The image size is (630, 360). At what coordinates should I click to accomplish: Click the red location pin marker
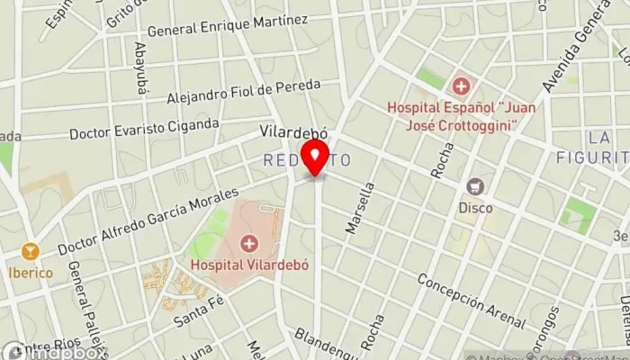click(x=316, y=159)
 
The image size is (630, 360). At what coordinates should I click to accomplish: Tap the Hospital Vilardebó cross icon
click(x=248, y=243)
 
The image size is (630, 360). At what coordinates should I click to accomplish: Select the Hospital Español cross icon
click(x=461, y=86)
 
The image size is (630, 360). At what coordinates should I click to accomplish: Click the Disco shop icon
click(x=475, y=187)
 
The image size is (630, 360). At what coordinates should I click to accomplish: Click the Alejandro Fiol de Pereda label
click(x=244, y=90)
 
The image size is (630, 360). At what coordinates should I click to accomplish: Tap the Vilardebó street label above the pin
click(x=292, y=131)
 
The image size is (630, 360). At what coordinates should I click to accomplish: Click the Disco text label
click(x=475, y=208)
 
